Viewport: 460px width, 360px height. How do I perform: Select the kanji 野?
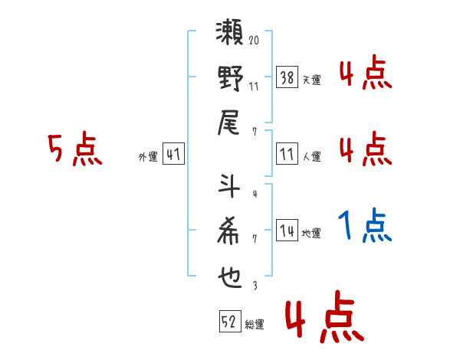pyautogui.click(x=231, y=80)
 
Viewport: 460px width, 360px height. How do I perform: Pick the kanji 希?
pyautogui.click(x=231, y=232)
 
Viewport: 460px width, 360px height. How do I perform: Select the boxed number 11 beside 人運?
pyautogui.click(x=287, y=155)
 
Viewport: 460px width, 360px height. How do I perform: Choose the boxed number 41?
pyautogui.click(x=173, y=155)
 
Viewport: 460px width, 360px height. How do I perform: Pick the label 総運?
pyautogui.click(x=254, y=325)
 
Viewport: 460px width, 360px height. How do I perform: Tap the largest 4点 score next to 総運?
pyautogui.click(x=323, y=320)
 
